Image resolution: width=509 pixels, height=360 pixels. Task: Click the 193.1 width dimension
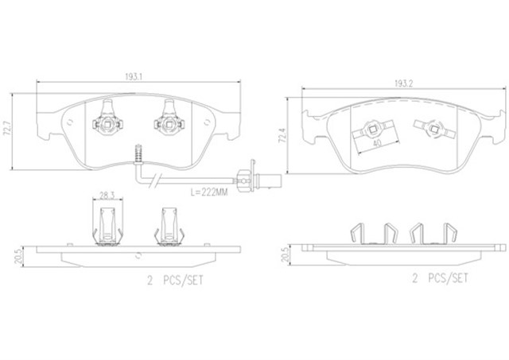(134, 77)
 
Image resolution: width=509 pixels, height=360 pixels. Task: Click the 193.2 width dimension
(403, 83)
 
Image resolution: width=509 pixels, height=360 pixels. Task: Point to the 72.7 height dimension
(6, 130)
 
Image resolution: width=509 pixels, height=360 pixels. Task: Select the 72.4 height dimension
(282, 135)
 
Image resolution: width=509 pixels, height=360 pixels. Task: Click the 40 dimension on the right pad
(377, 143)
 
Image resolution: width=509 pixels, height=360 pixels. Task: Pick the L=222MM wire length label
(209, 192)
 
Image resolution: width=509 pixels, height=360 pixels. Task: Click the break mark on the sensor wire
(154, 180)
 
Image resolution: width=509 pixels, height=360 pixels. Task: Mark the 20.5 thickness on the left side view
(18, 256)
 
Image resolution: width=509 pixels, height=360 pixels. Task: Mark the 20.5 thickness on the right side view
(285, 255)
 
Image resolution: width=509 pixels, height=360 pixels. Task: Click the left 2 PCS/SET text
(175, 281)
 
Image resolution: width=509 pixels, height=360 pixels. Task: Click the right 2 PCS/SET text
(441, 278)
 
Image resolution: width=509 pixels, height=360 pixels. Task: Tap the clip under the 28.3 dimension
(107, 226)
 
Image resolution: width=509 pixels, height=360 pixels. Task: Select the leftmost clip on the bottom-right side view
(357, 233)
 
